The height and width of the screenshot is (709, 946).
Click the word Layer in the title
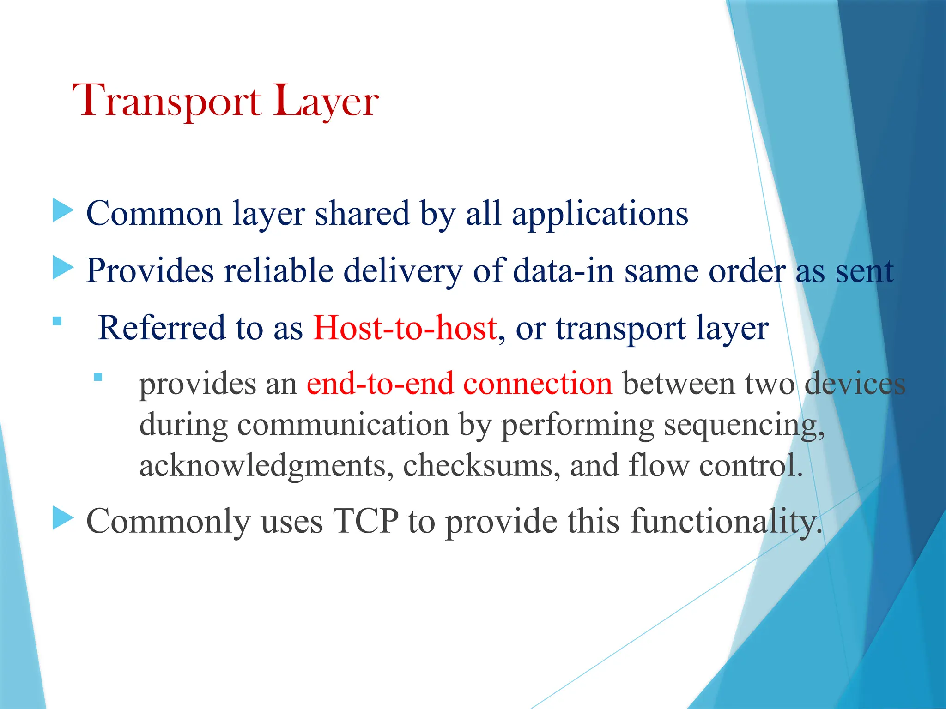326,102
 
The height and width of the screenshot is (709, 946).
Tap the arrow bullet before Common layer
63,210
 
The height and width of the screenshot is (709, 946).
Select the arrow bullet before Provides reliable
63,268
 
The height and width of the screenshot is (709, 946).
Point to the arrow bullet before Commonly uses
63,518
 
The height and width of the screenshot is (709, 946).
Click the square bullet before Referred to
57,321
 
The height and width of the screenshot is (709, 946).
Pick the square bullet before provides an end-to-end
97,377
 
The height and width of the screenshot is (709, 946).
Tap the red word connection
538,383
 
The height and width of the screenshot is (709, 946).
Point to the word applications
600,214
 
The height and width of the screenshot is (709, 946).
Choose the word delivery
403,271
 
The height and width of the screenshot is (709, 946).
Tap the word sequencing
744,425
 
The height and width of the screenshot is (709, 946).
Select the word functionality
726,522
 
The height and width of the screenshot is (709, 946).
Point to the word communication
343,425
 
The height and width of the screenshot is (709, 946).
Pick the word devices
855,383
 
